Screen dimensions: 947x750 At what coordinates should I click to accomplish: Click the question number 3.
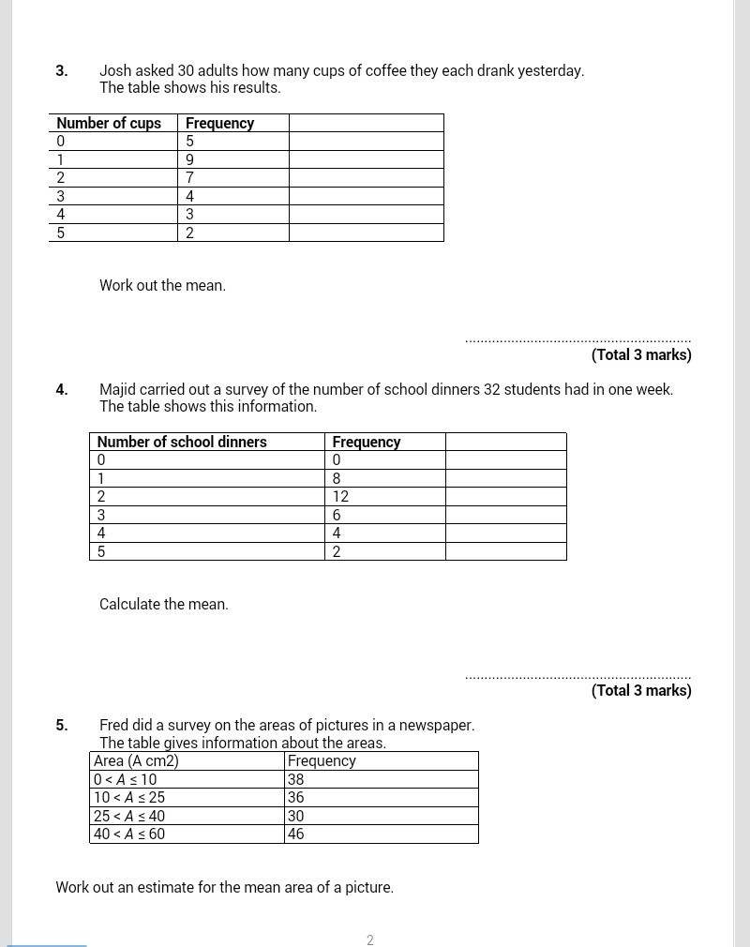[61, 71]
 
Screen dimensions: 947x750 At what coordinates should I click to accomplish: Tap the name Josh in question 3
[116, 71]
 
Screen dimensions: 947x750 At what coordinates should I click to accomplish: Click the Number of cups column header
[109, 124]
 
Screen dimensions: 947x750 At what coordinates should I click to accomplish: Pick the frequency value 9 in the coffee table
[190, 160]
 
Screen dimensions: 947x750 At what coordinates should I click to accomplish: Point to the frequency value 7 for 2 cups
[190, 178]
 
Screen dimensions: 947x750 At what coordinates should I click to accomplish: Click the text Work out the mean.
[162, 286]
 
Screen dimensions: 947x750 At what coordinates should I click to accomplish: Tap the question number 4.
[61, 390]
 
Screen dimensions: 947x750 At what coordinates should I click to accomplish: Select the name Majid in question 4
[118, 390]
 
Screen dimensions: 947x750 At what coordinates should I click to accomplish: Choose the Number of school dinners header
[182, 443]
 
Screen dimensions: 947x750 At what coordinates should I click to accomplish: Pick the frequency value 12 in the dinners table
[340, 497]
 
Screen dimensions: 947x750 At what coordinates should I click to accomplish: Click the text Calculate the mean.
[164, 605]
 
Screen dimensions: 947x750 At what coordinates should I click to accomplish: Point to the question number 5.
[61, 726]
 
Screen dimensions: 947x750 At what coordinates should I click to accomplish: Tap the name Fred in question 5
[115, 726]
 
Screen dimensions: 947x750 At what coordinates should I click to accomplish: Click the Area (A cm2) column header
[136, 761]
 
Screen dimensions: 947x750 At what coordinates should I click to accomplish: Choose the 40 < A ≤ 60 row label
[129, 834]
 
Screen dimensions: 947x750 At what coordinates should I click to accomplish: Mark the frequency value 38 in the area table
[296, 780]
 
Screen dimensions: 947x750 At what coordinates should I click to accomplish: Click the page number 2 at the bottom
[370, 940]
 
